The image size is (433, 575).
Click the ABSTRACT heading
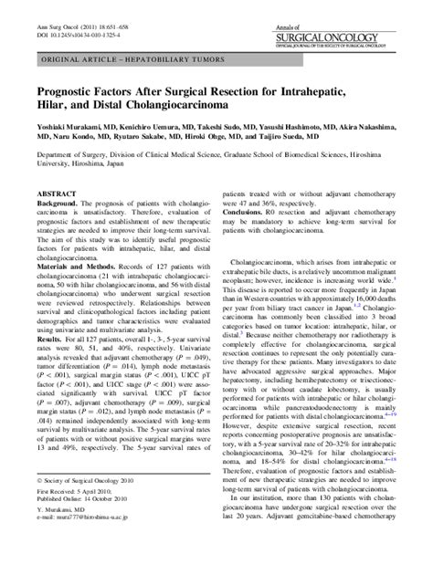54,222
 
